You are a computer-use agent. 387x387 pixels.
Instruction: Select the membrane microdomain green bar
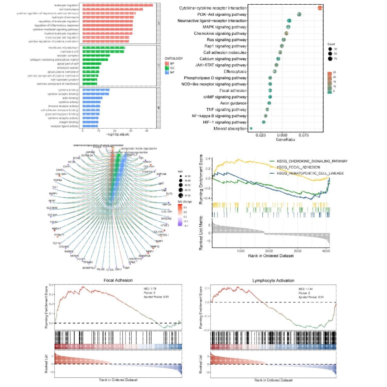point(104,48)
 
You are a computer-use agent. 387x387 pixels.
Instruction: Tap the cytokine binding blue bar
point(96,90)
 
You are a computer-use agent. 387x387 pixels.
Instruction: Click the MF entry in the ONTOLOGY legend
point(172,72)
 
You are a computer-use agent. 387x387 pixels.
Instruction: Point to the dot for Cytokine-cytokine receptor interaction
point(320,8)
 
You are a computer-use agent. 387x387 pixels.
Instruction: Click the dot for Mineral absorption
point(251,129)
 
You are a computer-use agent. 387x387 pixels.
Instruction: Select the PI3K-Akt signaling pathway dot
point(299,14)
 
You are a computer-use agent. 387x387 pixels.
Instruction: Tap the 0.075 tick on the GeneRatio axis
point(304,135)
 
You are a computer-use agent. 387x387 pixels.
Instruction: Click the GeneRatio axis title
point(285,140)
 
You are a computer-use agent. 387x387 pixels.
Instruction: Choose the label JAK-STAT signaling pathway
point(221,65)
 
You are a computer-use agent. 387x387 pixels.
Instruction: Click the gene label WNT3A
point(167,205)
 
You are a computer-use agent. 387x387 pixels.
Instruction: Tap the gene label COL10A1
point(61,174)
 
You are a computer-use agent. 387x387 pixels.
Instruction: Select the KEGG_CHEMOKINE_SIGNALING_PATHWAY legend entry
point(312,161)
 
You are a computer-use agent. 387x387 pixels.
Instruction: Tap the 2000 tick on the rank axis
point(269,251)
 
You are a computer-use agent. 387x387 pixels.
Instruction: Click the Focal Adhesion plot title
point(118,280)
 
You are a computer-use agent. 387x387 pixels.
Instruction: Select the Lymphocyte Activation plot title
point(273,281)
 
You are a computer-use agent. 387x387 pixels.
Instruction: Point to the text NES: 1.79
point(150,289)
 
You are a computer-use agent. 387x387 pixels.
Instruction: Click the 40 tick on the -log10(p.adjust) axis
point(147,131)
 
